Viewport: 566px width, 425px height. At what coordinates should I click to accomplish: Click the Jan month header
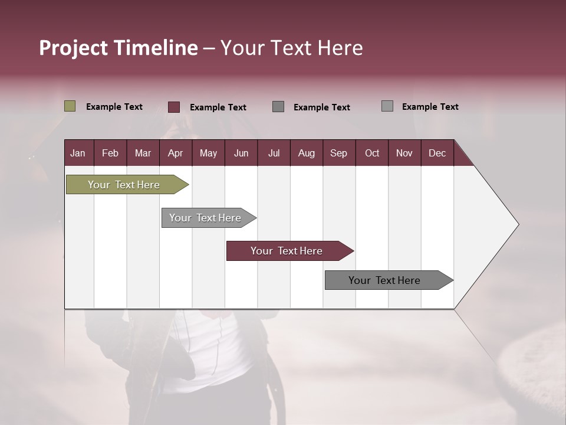coord(78,153)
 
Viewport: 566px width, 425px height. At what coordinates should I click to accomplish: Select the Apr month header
coord(175,153)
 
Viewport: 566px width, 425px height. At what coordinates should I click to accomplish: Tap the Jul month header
coord(274,153)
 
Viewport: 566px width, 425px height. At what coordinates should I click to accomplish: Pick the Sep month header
coord(338,153)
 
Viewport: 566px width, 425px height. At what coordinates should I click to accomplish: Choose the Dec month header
coord(437,153)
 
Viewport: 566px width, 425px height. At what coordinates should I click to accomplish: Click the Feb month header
coord(110,153)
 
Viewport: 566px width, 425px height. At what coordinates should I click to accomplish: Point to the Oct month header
coord(372,153)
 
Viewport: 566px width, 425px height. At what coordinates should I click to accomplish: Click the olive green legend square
coord(70,106)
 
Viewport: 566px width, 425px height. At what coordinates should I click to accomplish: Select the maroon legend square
coord(173,107)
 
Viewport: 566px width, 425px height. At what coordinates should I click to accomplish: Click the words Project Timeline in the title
coord(118,48)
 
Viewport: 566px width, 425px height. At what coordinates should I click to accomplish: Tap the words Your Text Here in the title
coord(292,48)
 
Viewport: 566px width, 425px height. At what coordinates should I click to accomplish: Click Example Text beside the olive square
coord(114,107)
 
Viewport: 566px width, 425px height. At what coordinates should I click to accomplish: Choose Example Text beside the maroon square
coord(218,107)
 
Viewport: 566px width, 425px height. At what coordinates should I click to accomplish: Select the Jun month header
coord(241,153)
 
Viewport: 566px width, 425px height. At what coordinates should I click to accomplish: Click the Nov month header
coord(404,153)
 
